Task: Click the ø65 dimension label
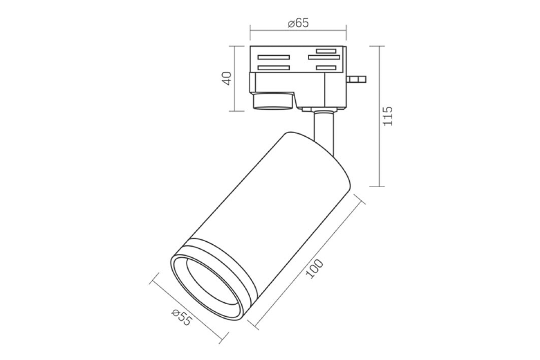click(x=298, y=23)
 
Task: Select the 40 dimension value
click(x=227, y=78)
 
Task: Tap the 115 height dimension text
click(x=388, y=116)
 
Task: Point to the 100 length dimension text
click(x=314, y=269)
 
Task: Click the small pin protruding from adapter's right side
click(x=356, y=79)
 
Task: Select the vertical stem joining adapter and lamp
click(x=324, y=132)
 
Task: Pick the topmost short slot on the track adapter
click(x=326, y=51)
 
